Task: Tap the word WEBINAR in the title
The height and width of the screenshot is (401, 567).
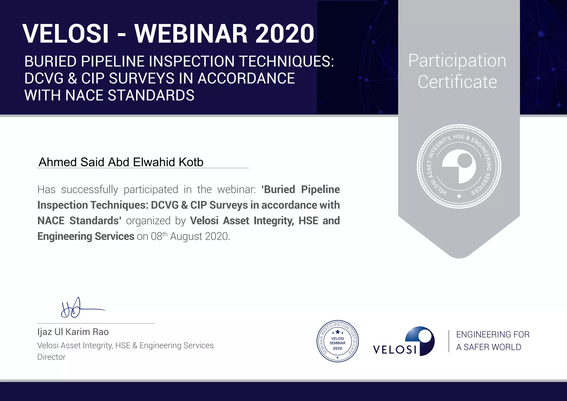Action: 191,34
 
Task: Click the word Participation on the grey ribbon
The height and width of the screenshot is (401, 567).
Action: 457,61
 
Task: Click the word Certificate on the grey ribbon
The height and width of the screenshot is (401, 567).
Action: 457,82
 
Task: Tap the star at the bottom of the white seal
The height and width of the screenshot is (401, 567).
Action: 459,196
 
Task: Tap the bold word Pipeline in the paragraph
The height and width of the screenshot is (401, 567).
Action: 320,189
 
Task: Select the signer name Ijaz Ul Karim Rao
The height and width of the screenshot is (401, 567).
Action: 73,332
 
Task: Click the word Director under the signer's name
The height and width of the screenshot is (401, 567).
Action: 51,357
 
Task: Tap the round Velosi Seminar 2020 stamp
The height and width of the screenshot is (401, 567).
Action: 337,341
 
